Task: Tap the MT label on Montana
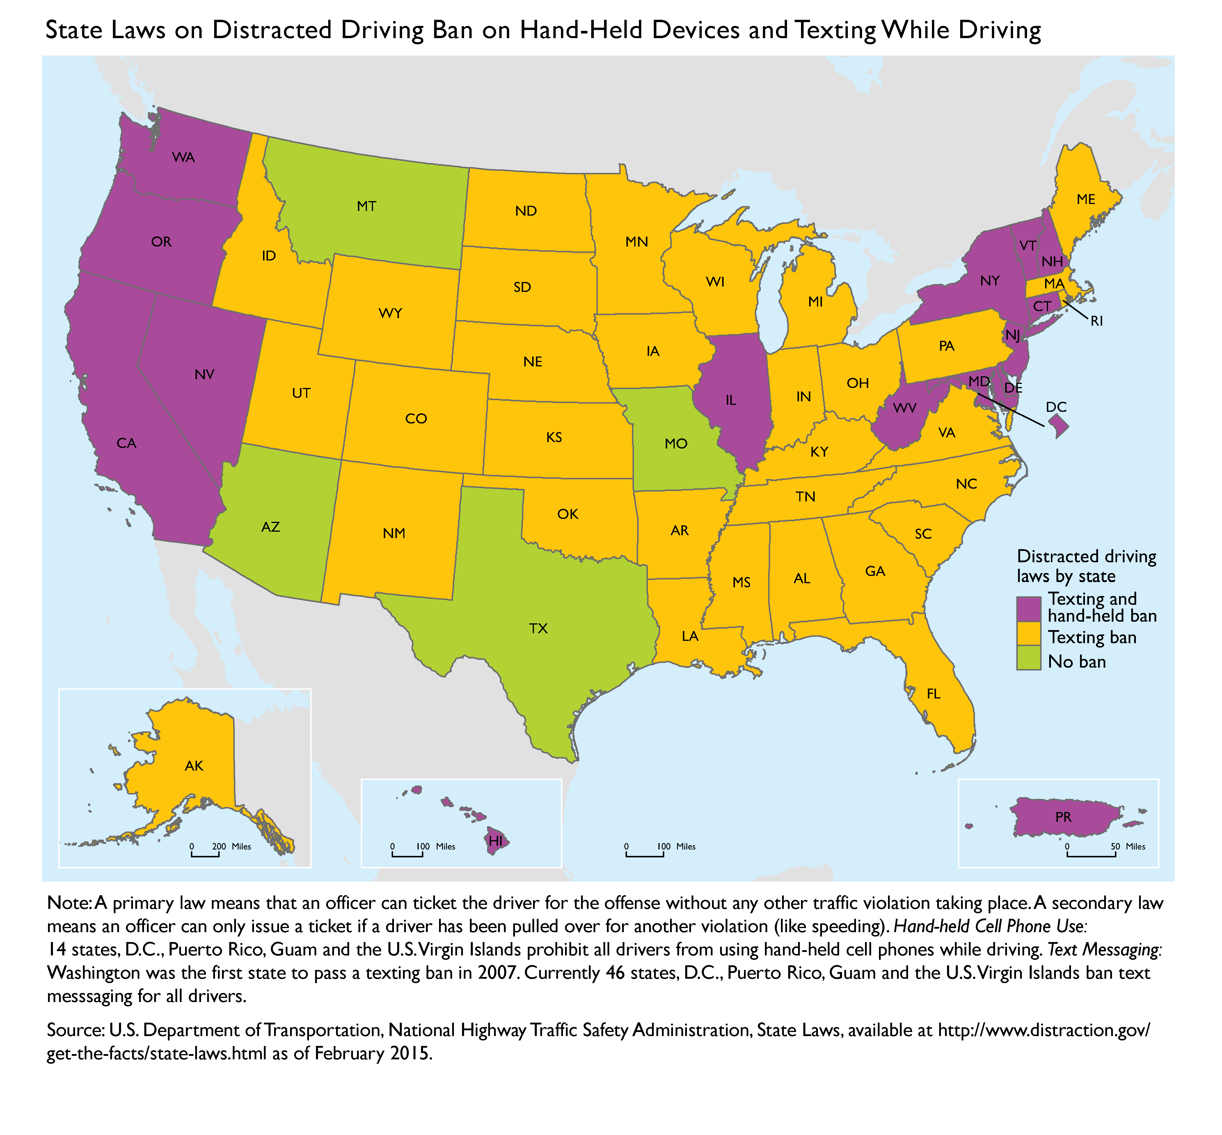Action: (367, 206)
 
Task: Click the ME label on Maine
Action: (1086, 199)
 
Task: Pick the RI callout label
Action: (1097, 321)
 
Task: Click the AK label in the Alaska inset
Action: (194, 766)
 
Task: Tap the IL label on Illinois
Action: (731, 400)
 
